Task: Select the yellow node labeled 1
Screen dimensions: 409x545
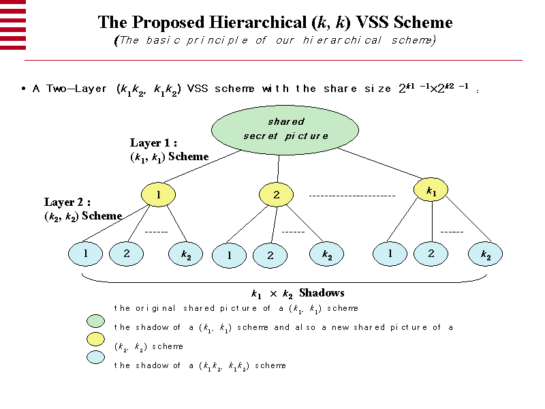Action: click(x=158, y=194)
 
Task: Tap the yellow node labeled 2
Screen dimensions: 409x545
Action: click(x=276, y=194)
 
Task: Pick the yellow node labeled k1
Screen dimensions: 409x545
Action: click(x=431, y=192)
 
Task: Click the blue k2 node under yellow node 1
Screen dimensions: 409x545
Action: click(x=185, y=254)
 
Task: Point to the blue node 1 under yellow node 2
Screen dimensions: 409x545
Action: click(x=229, y=256)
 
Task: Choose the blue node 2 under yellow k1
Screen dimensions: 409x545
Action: click(x=431, y=254)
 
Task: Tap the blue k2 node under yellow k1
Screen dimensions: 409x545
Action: click(x=486, y=255)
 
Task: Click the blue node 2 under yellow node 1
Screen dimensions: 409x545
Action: click(x=126, y=254)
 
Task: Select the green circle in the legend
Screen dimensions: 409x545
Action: click(x=96, y=321)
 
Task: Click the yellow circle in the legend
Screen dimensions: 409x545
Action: click(x=96, y=339)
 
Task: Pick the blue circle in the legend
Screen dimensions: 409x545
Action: click(x=96, y=357)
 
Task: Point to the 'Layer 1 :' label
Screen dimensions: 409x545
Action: click(x=153, y=143)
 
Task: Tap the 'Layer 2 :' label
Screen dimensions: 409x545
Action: click(x=67, y=202)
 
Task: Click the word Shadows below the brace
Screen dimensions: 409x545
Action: click(x=322, y=293)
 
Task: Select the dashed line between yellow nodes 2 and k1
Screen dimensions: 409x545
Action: click(x=352, y=196)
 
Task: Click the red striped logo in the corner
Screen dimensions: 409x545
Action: click(x=13, y=24)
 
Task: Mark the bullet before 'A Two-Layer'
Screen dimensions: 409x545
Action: click(x=24, y=89)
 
